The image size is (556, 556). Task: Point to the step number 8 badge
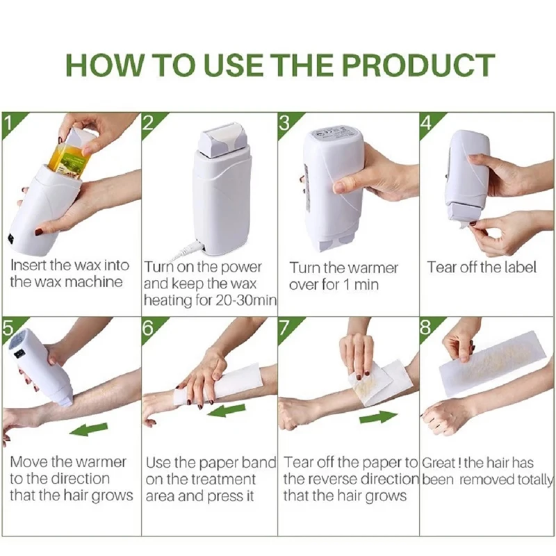coord(426,327)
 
